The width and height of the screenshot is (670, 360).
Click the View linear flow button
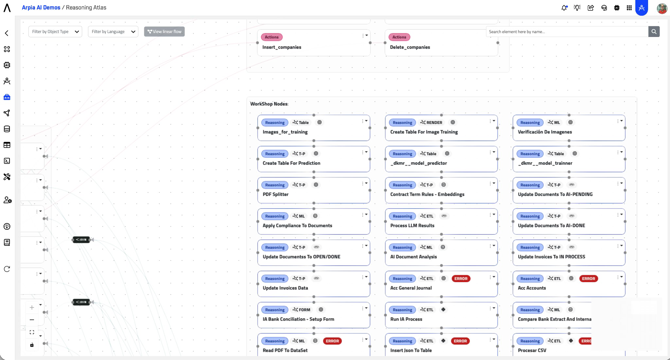(x=164, y=32)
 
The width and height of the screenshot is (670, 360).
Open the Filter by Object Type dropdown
(x=55, y=32)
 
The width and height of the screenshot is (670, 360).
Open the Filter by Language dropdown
(x=113, y=32)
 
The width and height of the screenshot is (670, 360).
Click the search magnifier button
(x=654, y=32)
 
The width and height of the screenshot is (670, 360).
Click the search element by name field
(x=567, y=32)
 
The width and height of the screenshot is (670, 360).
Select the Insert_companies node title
(x=282, y=47)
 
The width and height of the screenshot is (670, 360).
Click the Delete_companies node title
(x=410, y=47)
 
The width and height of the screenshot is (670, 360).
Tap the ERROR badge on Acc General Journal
(x=461, y=279)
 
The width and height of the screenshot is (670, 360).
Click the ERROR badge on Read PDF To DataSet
(x=332, y=341)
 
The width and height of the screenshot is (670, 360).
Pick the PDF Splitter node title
(x=275, y=194)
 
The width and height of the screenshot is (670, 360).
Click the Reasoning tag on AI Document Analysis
(x=402, y=247)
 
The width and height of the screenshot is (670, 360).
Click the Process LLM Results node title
(x=412, y=225)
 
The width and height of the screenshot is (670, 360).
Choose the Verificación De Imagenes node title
(x=545, y=132)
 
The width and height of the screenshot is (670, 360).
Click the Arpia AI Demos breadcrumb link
(x=41, y=8)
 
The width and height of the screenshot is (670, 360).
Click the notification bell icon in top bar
(x=564, y=8)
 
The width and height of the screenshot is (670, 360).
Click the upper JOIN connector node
(x=81, y=240)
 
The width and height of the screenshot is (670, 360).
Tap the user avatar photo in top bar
(x=662, y=8)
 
